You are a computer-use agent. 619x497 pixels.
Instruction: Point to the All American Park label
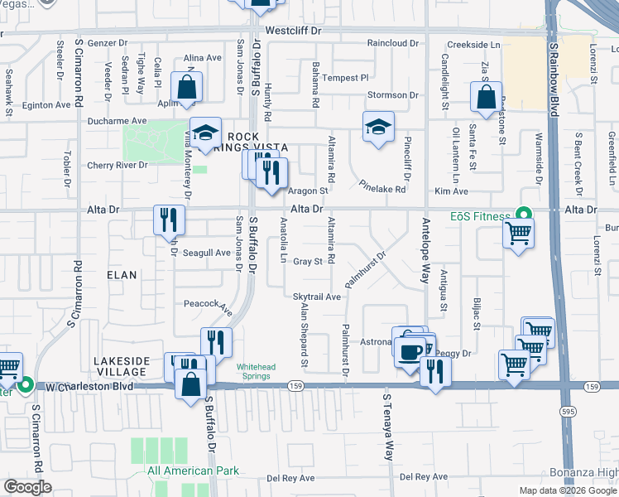pos(193,471)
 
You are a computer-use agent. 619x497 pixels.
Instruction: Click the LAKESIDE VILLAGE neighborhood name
pos(122,367)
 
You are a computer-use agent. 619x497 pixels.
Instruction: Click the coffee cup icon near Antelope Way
pos(410,351)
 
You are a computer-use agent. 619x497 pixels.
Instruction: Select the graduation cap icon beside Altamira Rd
pos(378,127)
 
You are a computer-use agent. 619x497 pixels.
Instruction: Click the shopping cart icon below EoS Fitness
pos(518,234)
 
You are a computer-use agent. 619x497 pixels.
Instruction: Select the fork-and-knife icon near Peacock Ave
pos(216,342)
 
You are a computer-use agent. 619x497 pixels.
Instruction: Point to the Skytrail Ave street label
pos(317,297)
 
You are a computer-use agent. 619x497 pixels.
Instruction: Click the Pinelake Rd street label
pos(381,189)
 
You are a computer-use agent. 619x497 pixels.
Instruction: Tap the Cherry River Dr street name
pos(118,166)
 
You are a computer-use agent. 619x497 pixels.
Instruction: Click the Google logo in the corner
pos(27,487)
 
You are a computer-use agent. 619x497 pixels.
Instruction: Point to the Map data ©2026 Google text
pos(568,490)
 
